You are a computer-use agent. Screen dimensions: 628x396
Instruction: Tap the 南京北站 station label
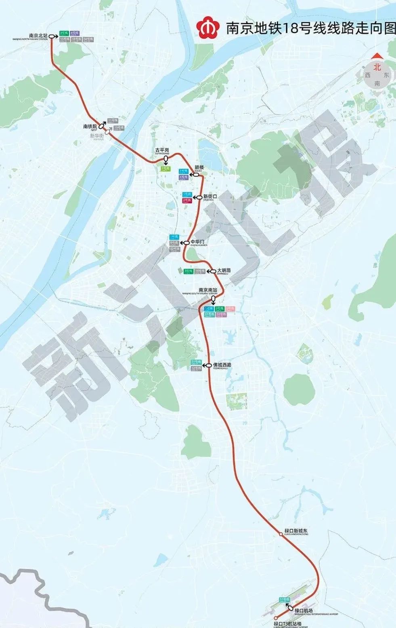(x=38, y=36)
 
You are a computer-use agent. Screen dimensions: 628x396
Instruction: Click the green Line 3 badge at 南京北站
(x=63, y=33)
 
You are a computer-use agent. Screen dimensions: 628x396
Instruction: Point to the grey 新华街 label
(x=96, y=136)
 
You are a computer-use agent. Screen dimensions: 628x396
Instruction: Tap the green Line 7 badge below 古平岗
(x=165, y=169)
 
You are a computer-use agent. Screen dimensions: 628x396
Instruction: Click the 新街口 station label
(x=210, y=197)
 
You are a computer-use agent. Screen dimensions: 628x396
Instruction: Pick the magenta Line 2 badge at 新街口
(x=187, y=200)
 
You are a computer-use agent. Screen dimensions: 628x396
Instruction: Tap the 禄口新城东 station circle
(x=280, y=534)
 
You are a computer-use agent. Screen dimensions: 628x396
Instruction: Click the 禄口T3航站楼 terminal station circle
(x=276, y=618)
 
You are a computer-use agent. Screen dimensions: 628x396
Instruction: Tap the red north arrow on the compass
(x=377, y=56)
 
